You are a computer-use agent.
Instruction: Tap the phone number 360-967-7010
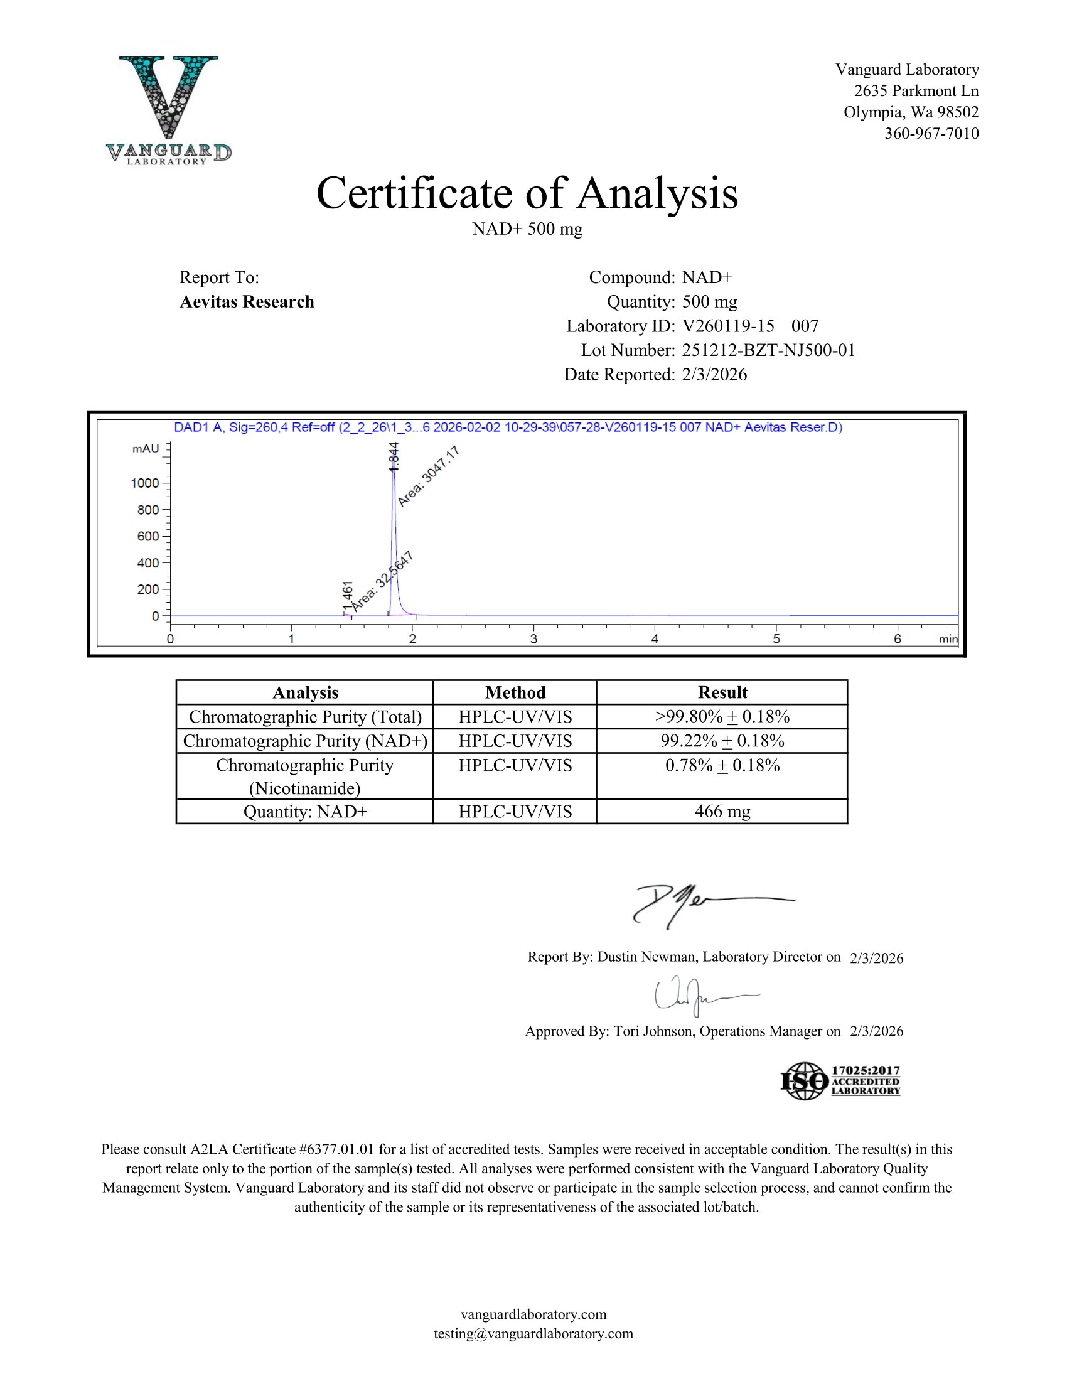point(931,134)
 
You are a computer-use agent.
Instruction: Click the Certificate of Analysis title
point(527,193)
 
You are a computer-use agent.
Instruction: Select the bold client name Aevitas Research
point(247,301)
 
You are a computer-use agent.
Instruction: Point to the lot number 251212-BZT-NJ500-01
point(768,350)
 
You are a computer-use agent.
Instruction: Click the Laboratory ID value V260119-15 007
point(749,326)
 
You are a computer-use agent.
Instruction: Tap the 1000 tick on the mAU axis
point(145,483)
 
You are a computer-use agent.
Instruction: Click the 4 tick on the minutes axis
point(655,638)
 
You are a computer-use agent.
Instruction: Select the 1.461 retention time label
point(347,597)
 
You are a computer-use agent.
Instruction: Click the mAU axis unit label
point(146,448)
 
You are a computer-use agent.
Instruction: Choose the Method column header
point(515,692)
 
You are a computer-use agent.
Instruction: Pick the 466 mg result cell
point(722,811)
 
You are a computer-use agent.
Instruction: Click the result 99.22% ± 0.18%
point(722,741)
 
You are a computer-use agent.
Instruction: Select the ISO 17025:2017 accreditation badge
point(840,1081)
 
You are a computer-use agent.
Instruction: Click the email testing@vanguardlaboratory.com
point(533,1333)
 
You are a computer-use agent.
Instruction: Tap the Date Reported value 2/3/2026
point(714,375)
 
